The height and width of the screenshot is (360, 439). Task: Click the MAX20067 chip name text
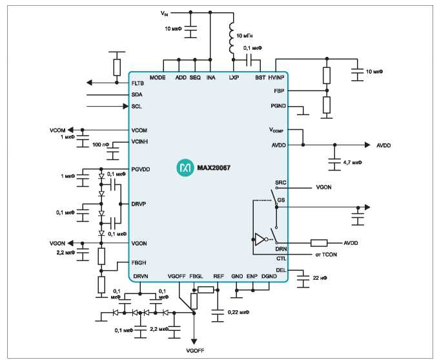[214, 167]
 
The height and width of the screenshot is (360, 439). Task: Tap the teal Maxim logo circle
[185, 167]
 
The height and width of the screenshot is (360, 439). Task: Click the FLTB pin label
[138, 83]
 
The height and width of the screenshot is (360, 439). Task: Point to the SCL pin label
[136, 106]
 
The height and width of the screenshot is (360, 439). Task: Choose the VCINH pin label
[139, 142]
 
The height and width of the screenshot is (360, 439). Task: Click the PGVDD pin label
[141, 169]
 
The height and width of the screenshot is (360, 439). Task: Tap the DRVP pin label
[139, 204]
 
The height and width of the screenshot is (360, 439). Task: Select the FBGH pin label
[139, 262]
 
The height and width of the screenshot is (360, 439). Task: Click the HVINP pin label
[276, 78]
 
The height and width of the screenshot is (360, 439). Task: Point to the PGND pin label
[278, 106]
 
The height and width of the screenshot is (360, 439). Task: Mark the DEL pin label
[281, 270]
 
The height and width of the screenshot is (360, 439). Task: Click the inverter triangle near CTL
[260, 239]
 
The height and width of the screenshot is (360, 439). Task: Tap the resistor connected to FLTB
[117, 67]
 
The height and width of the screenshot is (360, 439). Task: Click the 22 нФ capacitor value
[320, 278]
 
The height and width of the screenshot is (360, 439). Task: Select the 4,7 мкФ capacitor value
[352, 162]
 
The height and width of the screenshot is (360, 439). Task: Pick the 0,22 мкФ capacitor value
[238, 312]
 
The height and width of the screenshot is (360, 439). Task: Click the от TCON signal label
[325, 255]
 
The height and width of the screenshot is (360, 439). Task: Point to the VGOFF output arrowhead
[194, 342]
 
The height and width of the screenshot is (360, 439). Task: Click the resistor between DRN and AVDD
[319, 243]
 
